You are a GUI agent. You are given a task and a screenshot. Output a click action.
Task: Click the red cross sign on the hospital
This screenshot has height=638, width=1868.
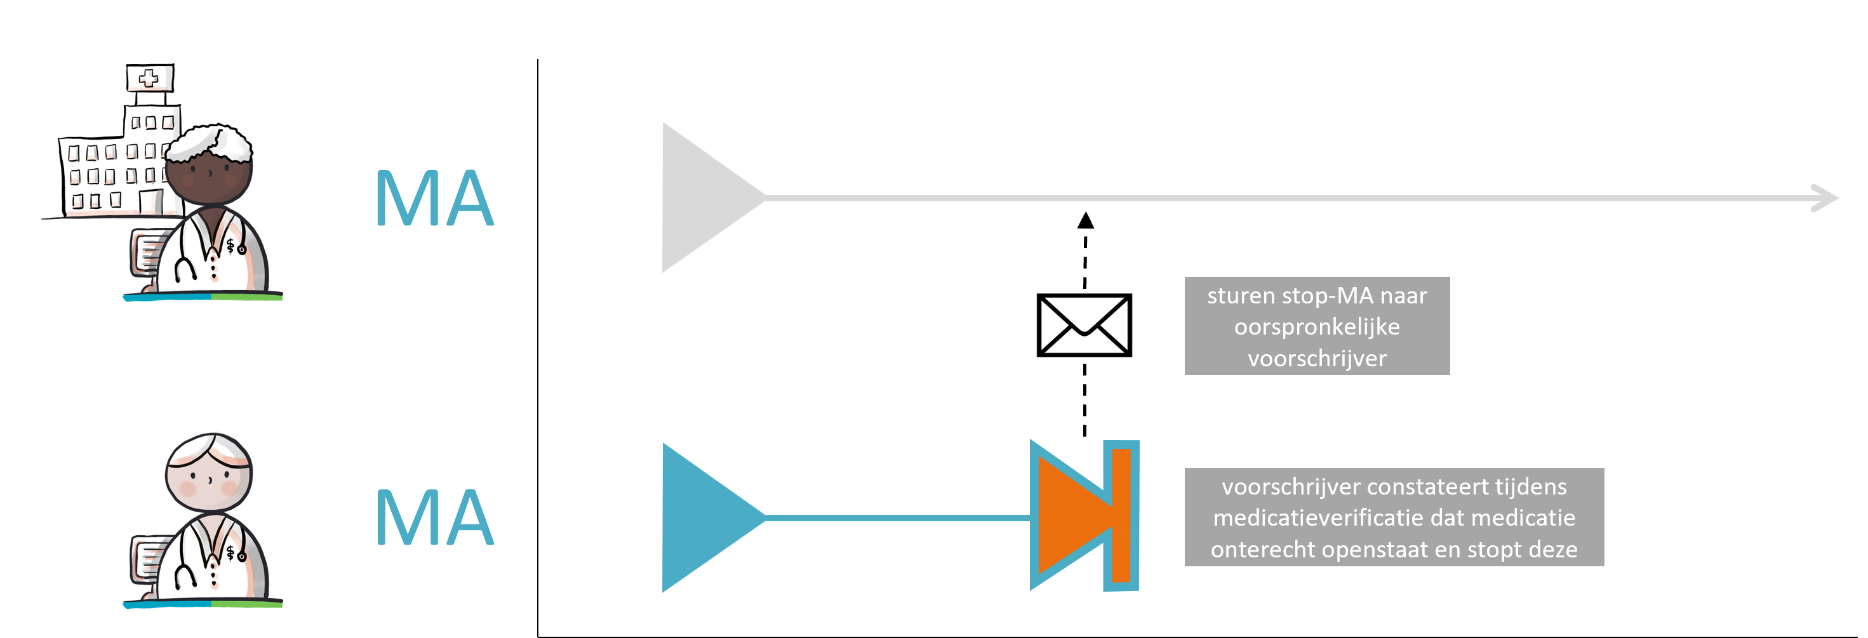149,78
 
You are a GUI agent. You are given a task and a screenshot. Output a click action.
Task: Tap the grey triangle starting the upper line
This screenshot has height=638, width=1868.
704,197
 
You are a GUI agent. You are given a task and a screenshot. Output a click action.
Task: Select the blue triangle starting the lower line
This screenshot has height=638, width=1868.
704,517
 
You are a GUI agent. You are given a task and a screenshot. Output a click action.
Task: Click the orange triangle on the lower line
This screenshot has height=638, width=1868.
1066,515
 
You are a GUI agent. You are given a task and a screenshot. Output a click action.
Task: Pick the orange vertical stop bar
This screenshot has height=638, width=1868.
1121,515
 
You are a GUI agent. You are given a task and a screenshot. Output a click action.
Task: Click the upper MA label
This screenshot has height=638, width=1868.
434,198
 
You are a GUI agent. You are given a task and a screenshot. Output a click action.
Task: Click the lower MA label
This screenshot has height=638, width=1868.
434,517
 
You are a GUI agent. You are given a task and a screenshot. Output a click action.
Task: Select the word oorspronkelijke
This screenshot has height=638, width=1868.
1317,327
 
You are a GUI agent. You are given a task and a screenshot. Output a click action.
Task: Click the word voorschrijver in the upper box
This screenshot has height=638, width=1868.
1317,358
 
